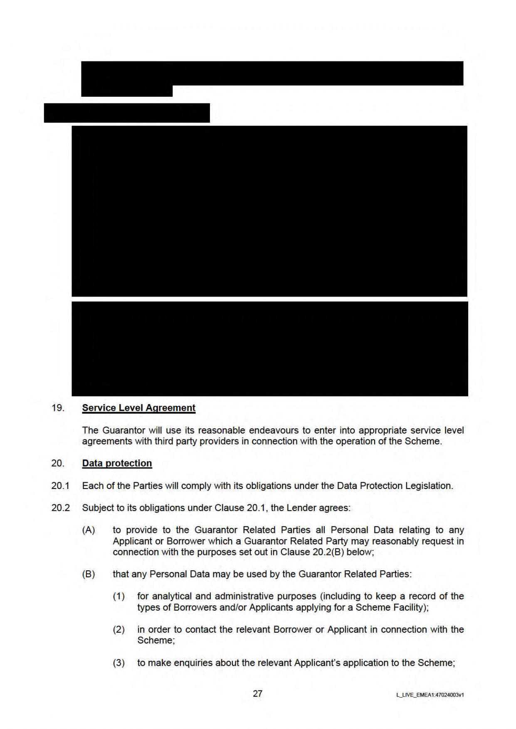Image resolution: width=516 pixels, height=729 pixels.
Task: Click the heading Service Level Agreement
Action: [138, 408]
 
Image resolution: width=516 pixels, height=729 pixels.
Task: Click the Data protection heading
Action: [117, 463]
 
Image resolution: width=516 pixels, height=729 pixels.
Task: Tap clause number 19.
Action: [58, 408]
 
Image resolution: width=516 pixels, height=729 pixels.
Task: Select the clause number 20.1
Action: [60, 486]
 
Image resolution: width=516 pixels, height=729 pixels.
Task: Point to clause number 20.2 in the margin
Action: [60, 508]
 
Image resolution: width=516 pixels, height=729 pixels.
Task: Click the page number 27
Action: [258, 694]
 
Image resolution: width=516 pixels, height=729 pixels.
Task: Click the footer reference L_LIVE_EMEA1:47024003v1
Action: [430, 695]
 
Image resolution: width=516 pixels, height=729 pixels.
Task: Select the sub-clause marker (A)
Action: [89, 530]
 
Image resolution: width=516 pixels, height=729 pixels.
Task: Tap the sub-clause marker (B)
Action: [89, 574]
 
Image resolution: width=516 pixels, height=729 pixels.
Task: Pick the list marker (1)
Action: [119, 596]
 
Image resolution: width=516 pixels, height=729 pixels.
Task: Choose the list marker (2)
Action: [119, 629]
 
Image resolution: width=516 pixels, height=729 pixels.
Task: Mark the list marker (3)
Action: [119, 663]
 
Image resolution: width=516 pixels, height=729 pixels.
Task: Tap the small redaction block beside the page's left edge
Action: [127, 113]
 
